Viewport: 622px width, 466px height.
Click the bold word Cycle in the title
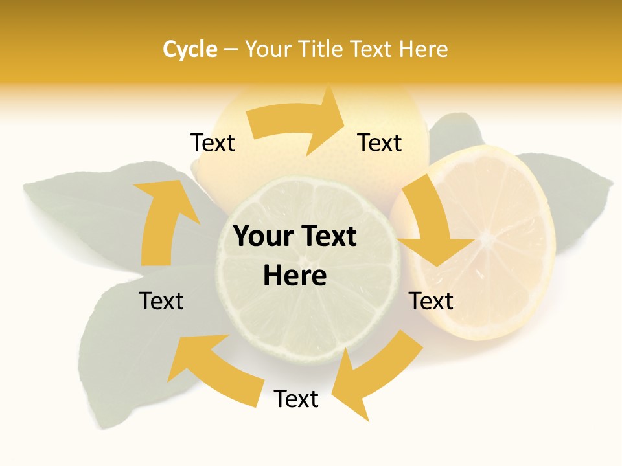[x=190, y=49]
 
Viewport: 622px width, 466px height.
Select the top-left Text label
[x=213, y=142]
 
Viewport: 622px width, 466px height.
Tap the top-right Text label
[x=380, y=142]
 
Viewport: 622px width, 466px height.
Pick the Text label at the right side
[x=431, y=301]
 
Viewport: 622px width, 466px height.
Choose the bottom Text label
[x=296, y=399]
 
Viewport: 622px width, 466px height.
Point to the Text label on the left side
[x=161, y=301]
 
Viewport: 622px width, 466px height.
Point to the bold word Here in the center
[x=295, y=276]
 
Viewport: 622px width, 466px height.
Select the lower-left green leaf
[x=123, y=349]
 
